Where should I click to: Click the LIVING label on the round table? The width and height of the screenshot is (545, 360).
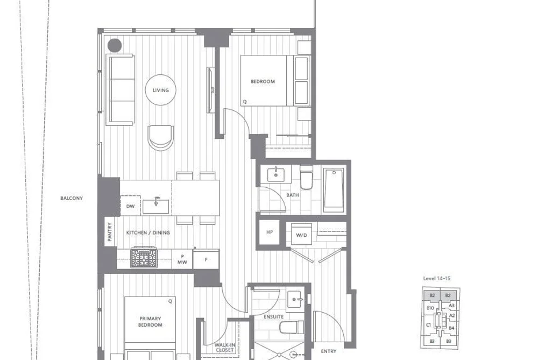[160, 90]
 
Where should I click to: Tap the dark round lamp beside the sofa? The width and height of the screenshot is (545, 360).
[115, 45]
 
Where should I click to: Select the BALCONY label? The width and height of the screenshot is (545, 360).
[72, 199]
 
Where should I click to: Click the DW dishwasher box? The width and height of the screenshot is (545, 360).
[130, 206]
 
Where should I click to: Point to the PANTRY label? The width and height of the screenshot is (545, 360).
[110, 232]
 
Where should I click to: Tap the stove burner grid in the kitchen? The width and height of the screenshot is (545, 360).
[144, 258]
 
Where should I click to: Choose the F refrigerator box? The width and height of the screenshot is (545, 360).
[206, 259]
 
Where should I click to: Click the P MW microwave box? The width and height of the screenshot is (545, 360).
[182, 259]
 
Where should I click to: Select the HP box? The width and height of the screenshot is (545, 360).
[270, 232]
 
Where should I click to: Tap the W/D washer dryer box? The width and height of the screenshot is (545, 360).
[301, 235]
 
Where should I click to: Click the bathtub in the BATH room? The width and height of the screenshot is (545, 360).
[334, 190]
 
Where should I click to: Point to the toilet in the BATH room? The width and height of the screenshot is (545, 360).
[306, 177]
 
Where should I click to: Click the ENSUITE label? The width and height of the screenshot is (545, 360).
[273, 317]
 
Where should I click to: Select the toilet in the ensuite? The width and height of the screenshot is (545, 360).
[291, 327]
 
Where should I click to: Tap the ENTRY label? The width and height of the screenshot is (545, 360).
[329, 351]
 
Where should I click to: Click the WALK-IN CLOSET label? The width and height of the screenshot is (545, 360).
[224, 348]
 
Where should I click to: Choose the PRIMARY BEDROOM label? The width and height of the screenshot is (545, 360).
[150, 322]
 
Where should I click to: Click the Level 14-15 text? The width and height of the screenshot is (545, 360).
[436, 278]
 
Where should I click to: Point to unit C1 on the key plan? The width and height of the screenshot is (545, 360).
[428, 325]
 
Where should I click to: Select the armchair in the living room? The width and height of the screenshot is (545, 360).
[160, 138]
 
